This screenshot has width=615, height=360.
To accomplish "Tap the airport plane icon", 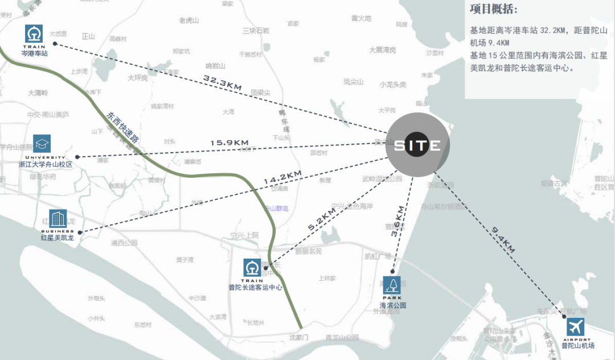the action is click(x=576, y=328).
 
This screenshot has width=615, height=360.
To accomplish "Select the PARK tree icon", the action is click(x=392, y=284).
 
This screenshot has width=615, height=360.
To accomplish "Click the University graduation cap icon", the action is click(x=42, y=144).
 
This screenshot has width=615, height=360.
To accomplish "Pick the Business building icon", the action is click(x=58, y=218).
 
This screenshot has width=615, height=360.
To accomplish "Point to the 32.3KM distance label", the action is click(x=223, y=81).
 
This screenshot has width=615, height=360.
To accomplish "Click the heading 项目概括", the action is click(x=494, y=10).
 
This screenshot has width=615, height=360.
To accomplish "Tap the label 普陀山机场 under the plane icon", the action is click(x=577, y=345).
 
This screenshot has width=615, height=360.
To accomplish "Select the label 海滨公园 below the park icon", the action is click(x=393, y=305).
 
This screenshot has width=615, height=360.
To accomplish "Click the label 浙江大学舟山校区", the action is click(x=46, y=164).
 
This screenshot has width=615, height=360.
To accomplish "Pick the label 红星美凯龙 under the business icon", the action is click(x=57, y=237).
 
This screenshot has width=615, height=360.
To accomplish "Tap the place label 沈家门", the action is click(x=298, y=338).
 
